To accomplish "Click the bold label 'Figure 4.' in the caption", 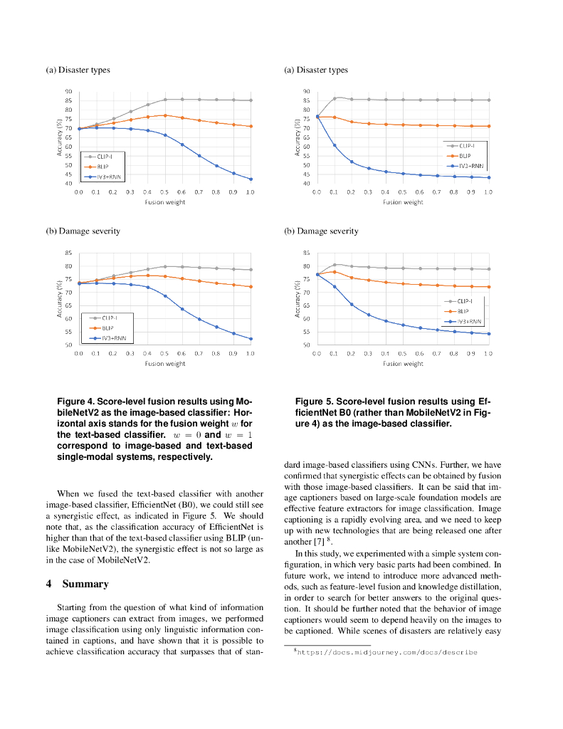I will pos(75,402).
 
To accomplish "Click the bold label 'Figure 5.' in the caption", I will pos(314,402).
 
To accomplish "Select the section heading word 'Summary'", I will pos(85,584).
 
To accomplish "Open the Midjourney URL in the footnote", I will pos(387,652).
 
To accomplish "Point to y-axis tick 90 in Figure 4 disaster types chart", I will pos(69,92).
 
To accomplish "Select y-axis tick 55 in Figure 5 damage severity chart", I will pos(306,332).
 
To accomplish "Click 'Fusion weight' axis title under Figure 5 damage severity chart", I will pos(403,363).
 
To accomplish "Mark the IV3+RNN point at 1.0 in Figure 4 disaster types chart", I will pos(251,179).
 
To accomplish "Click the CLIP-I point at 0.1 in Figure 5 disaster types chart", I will pos(335,98).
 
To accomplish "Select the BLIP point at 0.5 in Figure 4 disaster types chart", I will pos(164,115).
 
